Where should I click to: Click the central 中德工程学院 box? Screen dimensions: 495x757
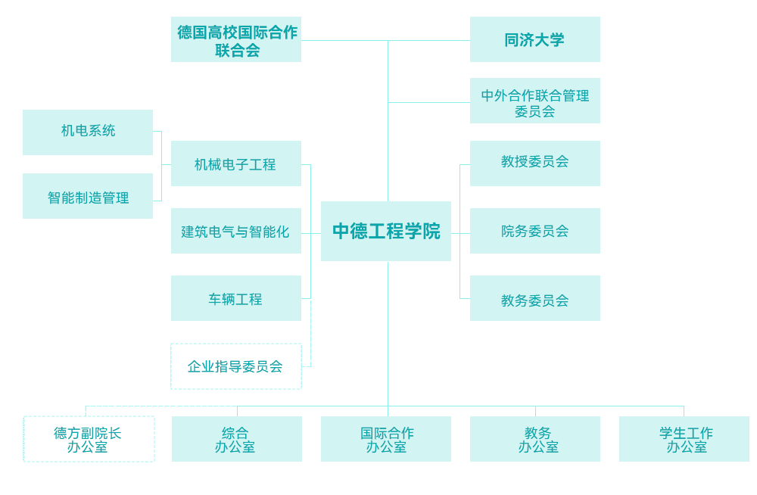coord(386,232)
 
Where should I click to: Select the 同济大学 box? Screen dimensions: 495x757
coord(534,40)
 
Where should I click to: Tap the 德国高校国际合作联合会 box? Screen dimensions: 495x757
coord(236,41)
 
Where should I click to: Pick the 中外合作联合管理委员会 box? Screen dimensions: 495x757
coord(534,101)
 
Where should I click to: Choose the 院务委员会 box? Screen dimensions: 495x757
coord(534,232)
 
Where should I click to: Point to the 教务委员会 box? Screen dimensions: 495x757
coord(534,299)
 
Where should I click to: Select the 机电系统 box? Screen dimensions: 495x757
coord(88,132)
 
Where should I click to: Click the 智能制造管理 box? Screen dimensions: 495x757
coord(88,197)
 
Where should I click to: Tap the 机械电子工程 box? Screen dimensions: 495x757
coord(236,163)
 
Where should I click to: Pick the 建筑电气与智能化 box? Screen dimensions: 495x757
coord(236,232)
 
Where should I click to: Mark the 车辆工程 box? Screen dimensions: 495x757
coord(236,299)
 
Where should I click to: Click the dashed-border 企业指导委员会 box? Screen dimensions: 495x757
coord(236,366)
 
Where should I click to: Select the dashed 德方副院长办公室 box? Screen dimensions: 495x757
coord(89,439)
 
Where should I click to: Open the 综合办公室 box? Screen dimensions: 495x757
coord(236,439)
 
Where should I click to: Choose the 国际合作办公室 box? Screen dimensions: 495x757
coord(386,439)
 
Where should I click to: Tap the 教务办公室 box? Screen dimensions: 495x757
coord(535,439)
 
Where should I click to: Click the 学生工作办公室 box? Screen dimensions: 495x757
coord(684,439)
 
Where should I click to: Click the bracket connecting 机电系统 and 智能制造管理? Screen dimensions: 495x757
coord(161,165)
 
